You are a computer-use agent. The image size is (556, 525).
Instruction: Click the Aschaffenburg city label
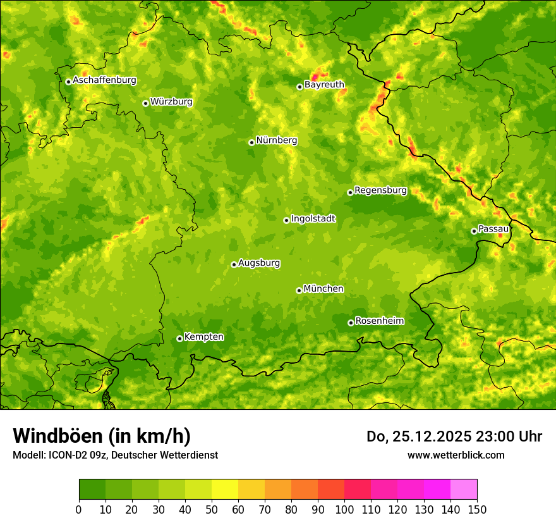[x=104, y=80]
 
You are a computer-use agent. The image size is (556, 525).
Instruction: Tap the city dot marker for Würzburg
[x=145, y=103]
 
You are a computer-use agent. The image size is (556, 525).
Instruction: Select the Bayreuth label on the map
[x=324, y=85]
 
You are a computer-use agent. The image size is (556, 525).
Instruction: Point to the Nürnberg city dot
[x=251, y=142]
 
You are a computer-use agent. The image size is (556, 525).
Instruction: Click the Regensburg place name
[x=380, y=190]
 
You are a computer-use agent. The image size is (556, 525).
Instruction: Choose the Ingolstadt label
[x=313, y=219]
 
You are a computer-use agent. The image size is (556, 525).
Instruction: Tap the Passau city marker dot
[x=474, y=231]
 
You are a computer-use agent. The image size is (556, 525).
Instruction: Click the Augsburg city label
[x=259, y=263]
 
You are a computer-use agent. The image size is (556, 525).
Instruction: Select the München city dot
[x=299, y=290]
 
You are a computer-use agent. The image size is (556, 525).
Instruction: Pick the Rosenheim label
[x=379, y=321]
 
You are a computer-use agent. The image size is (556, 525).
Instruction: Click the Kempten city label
[x=203, y=337]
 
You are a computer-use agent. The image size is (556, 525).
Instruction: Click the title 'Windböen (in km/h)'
[x=101, y=436]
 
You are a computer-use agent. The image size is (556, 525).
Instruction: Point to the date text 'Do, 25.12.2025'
[x=418, y=436]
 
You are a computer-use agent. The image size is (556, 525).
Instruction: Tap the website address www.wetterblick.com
[x=456, y=455]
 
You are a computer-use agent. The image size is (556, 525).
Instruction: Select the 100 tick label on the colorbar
[x=344, y=509]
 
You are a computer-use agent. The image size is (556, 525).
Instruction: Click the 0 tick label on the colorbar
[x=79, y=509]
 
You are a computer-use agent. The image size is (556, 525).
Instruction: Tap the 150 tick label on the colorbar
[x=477, y=509]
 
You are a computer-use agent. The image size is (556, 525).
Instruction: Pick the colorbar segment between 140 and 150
[x=464, y=490]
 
